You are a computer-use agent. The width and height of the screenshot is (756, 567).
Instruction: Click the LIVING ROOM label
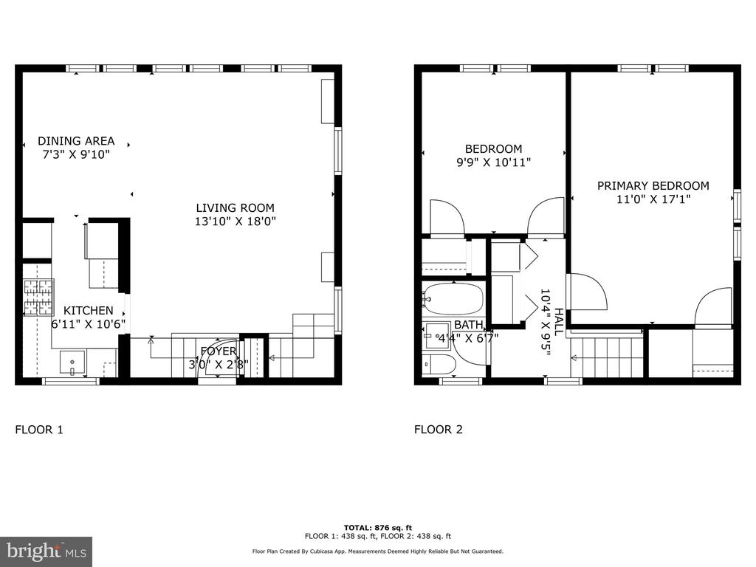click(x=235, y=207)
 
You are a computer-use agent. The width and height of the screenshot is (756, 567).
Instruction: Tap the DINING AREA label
click(x=76, y=141)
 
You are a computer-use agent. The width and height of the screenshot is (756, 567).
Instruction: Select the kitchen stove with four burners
click(x=38, y=298)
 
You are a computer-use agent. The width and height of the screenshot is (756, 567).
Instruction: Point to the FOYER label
click(x=219, y=351)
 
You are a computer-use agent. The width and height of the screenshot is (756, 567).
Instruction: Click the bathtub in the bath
click(x=453, y=299)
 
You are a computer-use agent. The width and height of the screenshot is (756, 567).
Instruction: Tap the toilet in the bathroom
click(x=439, y=365)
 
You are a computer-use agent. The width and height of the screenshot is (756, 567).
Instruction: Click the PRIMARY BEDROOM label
click(x=653, y=185)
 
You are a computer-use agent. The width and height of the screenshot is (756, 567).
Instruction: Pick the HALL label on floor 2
click(x=559, y=322)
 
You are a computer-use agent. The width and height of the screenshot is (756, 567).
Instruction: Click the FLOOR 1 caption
click(x=39, y=430)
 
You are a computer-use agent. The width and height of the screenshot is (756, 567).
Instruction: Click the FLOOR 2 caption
click(x=439, y=430)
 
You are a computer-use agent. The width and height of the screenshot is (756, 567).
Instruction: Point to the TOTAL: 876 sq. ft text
click(x=378, y=528)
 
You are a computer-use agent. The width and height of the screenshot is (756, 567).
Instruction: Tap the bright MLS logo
click(x=46, y=551)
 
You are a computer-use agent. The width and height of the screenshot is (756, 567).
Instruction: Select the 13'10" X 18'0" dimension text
click(x=236, y=221)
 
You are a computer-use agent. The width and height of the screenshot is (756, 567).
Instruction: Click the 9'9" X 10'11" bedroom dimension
click(x=494, y=162)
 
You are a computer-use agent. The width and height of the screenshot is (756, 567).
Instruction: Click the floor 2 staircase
click(x=607, y=357)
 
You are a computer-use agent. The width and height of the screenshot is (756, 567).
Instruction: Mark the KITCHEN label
click(x=89, y=311)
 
